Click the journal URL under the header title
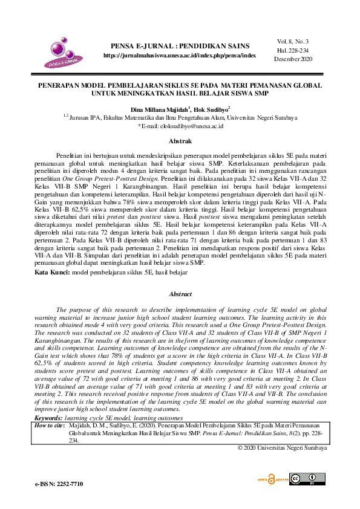[179, 55]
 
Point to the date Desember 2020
[291, 59]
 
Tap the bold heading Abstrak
[180, 141]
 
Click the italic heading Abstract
[180, 294]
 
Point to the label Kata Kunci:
[52, 273]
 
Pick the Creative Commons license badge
[303, 479]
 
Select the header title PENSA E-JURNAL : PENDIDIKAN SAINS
[179, 46]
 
